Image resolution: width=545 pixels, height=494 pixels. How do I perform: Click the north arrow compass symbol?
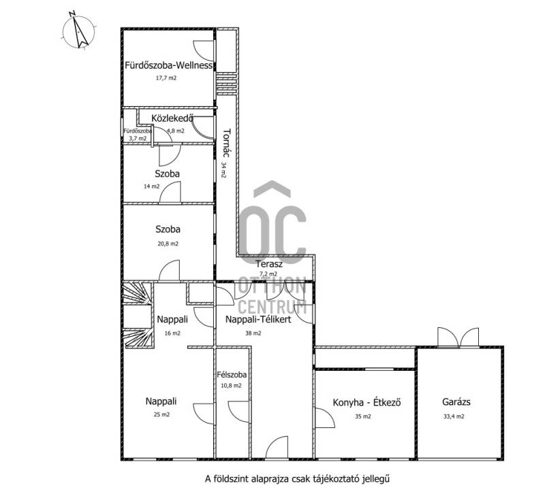[x=78, y=30]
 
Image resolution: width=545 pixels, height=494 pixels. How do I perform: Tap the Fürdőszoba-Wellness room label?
[x=168, y=65]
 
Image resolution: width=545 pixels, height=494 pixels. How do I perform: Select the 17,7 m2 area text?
[x=166, y=78]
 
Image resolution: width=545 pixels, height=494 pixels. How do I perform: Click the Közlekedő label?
[x=172, y=118]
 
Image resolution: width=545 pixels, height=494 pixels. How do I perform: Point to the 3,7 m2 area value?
[x=138, y=139]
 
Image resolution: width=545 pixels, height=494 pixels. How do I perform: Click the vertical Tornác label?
[x=227, y=143]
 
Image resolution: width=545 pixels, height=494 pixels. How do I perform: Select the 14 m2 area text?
[x=151, y=186]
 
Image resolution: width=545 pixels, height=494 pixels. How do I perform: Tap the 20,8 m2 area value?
[x=168, y=244]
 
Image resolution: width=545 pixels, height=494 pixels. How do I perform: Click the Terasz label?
[x=269, y=264]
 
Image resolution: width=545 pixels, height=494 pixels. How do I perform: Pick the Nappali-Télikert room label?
[x=258, y=319]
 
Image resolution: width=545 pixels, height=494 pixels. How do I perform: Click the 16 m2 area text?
[x=172, y=333]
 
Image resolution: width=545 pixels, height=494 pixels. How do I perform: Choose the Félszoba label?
[x=232, y=374]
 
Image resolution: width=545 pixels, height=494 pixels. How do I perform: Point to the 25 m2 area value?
[x=161, y=414]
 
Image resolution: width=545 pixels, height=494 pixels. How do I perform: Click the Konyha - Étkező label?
[x=367, y=402]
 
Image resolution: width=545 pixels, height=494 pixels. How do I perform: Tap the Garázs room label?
[x=456, y=402]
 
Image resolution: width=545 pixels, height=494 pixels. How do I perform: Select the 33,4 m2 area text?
[x=454, y=416]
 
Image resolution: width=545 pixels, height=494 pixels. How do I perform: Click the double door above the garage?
[x=458, y=337]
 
